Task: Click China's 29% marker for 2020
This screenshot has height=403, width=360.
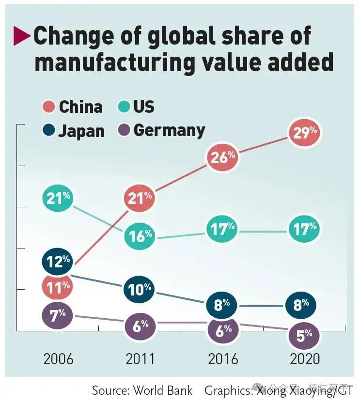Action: click(304, 133)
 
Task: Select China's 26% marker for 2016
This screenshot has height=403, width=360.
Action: click(222, 157)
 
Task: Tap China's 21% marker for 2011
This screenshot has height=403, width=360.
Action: click(140, 197)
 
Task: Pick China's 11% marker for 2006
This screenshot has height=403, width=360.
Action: click(58, 288)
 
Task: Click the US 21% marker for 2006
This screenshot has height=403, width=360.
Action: click(58, 197)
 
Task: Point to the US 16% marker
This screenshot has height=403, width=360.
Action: click(140, 236)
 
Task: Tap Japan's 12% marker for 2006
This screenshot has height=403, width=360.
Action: click(58, 262)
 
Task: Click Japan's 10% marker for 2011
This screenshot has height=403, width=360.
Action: click(140, 290)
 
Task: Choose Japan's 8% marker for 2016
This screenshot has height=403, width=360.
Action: click(222, 305)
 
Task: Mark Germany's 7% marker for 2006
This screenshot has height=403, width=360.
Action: click(58, 316)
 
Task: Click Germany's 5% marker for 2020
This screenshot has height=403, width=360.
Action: click(304, 335)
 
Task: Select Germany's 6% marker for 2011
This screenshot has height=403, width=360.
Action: click(140, 325)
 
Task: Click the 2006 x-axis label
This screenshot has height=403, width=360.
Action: click(58, 359)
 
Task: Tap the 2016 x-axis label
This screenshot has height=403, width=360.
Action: click(223, 359)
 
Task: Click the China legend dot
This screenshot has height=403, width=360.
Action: click(48, 107)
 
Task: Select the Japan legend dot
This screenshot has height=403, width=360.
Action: click(48, 130)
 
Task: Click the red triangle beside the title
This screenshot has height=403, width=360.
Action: click(22, 36)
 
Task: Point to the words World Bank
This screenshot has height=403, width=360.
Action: click(162, 390)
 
